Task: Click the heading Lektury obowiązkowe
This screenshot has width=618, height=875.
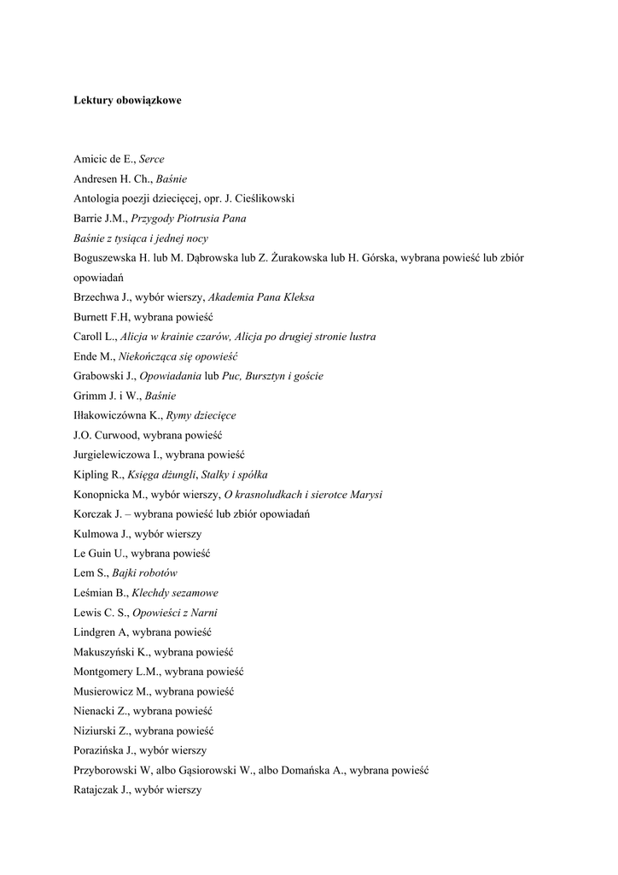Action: coord(127,100)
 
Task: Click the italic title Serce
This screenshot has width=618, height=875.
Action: coord(152,159)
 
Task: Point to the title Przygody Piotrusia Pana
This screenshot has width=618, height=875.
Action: coord(188,218)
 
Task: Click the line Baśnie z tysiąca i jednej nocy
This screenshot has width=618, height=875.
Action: coord(141,238)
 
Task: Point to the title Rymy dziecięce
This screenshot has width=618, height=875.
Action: coord(201,415)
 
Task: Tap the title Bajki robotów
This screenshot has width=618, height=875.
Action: coord(145,573)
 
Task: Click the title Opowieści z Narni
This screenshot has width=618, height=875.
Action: coord(180,612)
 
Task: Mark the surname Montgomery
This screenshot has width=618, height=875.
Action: coord(104,672)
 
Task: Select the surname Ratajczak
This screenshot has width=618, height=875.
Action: coord(99,790)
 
